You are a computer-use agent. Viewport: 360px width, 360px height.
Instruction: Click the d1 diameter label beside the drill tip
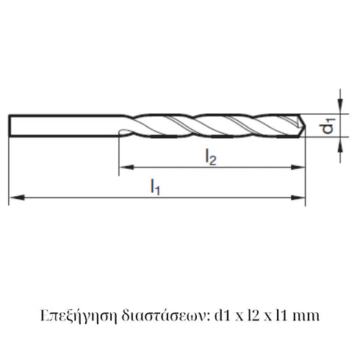(x=330, y=126)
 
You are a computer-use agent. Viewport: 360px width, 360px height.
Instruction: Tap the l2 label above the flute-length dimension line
(x=211, y=156)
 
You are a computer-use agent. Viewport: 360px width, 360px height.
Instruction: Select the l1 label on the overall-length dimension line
(x=156, y=188)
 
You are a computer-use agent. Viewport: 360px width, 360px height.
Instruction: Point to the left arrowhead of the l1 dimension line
(x=14, y=197)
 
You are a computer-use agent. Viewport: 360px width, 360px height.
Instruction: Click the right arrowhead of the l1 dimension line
(x=301, y=197)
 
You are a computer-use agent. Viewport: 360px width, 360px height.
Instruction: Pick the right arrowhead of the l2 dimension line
(x=301, y=168)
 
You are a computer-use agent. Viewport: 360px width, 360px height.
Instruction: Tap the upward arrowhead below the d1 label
(x=341, y=147)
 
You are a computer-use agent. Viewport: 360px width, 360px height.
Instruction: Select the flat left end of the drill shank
(x=10, y=126)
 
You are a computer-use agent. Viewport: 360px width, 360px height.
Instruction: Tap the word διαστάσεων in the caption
(x=151, y=316)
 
